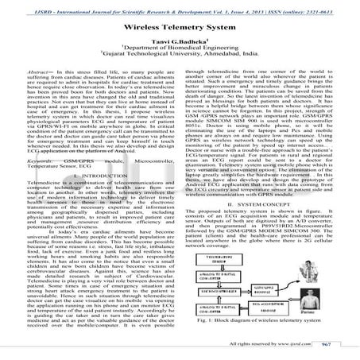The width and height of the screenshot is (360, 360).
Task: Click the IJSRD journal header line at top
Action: pyautogui.click(x=180, y=5)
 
